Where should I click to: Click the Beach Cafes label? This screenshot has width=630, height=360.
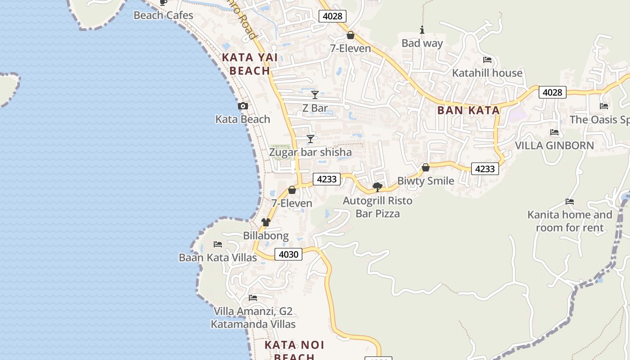163,15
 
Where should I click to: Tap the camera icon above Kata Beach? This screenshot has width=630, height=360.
243,106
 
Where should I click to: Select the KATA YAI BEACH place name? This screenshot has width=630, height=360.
250,64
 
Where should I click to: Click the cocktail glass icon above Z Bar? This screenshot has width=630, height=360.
315,95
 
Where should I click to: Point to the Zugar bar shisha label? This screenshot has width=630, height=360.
310,153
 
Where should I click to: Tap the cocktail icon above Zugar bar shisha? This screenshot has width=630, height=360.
310,139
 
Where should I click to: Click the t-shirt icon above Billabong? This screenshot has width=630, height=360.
266,222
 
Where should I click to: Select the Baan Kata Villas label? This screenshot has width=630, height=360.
218,258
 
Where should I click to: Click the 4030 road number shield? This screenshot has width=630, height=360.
288,254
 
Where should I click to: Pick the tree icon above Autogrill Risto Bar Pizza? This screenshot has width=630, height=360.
378,187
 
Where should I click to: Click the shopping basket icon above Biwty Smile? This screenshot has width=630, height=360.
426,168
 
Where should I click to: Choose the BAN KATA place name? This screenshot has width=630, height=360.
468,110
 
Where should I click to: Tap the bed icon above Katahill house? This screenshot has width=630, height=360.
487,60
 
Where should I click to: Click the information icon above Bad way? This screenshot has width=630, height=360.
422,30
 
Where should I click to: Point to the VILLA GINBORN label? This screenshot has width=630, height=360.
554,146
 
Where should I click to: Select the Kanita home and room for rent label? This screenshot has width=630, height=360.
570,221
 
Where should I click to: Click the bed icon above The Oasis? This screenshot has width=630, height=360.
604,106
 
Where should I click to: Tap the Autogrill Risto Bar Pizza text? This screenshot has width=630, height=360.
378,207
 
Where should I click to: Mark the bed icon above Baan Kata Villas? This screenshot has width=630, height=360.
218,244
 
